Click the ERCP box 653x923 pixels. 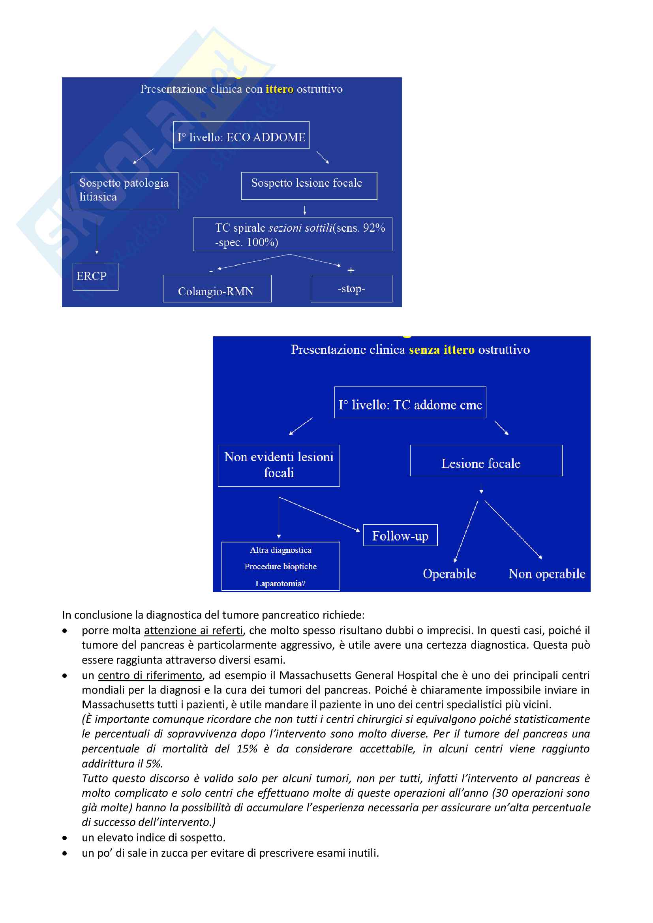[95, 277]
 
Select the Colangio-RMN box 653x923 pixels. [217, 289]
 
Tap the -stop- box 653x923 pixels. [351, 289]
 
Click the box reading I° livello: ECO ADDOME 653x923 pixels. [241, 135]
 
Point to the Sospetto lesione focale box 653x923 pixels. [309, 186]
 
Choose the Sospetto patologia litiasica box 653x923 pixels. [124, 191]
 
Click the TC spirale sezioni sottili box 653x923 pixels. [292, 235]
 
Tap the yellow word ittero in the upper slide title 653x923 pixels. [279, 89]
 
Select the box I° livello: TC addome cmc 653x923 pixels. [410, 402]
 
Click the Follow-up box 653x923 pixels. [400, 535]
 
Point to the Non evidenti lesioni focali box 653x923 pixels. [279, 465]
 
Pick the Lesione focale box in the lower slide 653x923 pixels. [486, 461]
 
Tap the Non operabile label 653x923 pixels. [546, 574]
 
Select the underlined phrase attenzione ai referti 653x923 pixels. [193, 630]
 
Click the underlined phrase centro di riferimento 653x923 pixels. [150, 675]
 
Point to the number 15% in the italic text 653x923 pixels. [247, 749]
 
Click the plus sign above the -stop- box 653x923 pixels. [351, 270]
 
